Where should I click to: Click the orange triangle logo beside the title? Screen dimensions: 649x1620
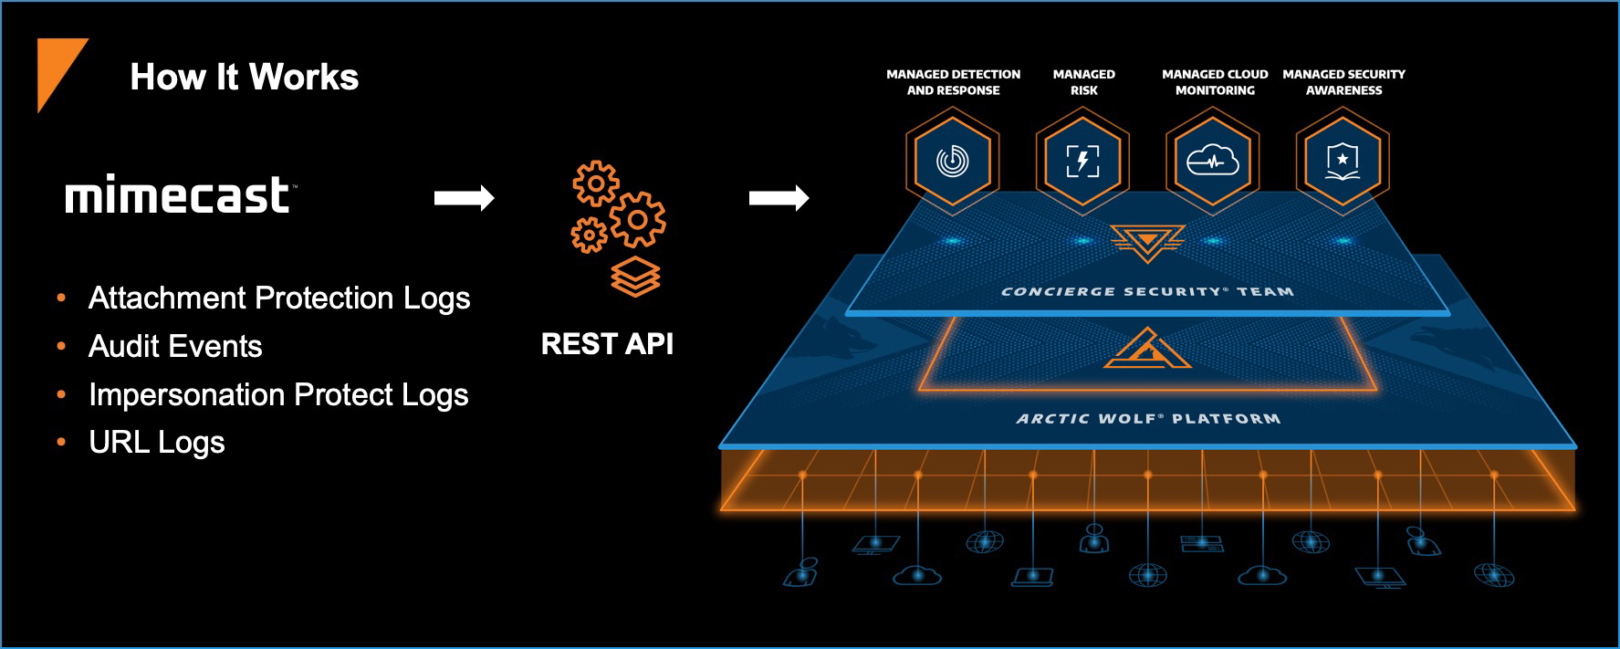coord(57,68)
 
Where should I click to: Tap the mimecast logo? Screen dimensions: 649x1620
coord(179,195)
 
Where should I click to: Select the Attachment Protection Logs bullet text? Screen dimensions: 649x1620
coord(279,298)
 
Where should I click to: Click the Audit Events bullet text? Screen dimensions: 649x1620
coord(175,347)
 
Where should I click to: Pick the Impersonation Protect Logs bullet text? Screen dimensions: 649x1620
coord(278,395)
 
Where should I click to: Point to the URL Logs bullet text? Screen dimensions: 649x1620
coord(156,443)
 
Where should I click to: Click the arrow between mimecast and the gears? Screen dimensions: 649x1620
coord(464,198)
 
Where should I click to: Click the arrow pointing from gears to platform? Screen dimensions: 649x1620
coord(779,198)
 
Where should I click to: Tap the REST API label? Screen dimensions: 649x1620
coord(607,344)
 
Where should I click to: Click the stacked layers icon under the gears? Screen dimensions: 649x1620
coord(635,277)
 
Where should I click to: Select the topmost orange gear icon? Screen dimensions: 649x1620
coord(596,183)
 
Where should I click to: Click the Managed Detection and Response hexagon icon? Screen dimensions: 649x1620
coord(953,162)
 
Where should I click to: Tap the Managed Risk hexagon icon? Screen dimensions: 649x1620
coord(1082,162)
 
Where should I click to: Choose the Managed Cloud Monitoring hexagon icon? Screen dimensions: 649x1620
coord(1213,162)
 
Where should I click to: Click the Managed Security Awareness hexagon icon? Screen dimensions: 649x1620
coord(1343,162)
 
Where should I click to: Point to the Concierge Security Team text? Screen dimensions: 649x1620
coord(1147,292)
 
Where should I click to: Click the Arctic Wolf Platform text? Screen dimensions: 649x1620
coord(1148,419)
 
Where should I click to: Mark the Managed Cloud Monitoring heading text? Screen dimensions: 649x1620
coord(1215,82)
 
